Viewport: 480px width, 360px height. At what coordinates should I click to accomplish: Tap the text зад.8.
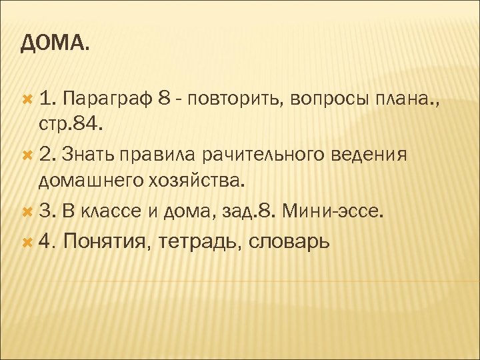251,212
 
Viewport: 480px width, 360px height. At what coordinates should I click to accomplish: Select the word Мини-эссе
333,212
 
